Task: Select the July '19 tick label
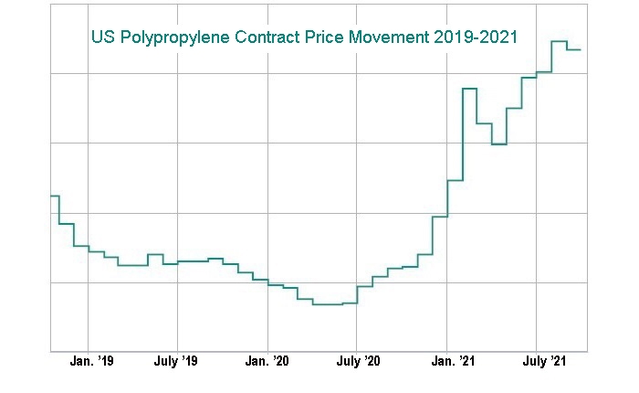coord(176,363)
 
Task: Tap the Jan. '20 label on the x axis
coord(267,363)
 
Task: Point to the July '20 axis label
coord(358,363)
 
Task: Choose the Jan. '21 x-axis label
coord(447,363)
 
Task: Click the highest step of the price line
coord(559,41)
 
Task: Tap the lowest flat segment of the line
coord(327,304)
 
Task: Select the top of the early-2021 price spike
coord(470,89)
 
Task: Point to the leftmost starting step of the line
coord(54,196)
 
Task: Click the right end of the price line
coord(581,49)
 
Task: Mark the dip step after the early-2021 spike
coord(498,144)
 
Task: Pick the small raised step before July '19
coord(155,254)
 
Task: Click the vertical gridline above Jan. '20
coord(267,183)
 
